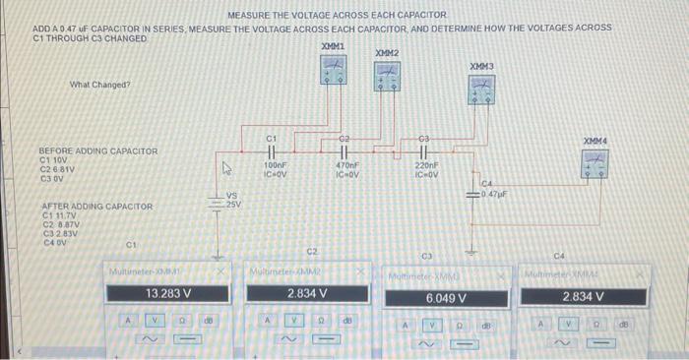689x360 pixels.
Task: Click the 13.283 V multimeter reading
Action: pos(167,293)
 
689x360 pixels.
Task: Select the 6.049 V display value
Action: pos(446,297)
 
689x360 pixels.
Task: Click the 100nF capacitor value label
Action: pos(275,167)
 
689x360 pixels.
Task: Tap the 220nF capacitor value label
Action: pos(425,167)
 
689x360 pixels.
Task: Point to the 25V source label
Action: pos(234,204)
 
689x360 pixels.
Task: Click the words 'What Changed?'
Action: pos(99,85)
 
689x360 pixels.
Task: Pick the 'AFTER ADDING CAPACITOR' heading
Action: pos(95,207)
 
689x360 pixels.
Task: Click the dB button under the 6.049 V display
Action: pos(486,324)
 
